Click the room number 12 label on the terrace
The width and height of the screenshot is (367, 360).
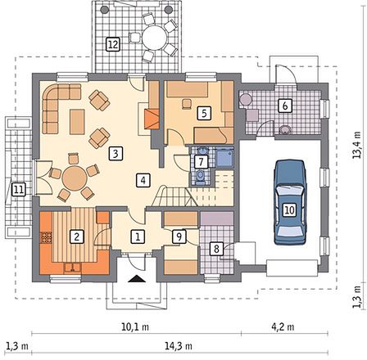pyautogui.click(x=113, y=44)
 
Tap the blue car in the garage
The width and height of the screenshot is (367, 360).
pyautogui.click(x=290, y=202)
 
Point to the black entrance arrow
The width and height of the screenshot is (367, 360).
pyautogui.click(x=136, y=278)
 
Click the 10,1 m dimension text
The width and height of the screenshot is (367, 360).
pyautogui.click(x=135, y=326)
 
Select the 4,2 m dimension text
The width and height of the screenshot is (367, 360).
pyautogui.click(x=283, y=326)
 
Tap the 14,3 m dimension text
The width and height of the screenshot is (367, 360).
pyautogui.click(x=179, y=346)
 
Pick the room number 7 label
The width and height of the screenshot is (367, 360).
pyautogui.click(x=201, y=162)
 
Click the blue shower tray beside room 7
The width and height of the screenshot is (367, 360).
pyautogui.click(x=224, y=158)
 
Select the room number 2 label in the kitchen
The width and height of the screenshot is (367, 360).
pyautogui.click(x=76, y=236)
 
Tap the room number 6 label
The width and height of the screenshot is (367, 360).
pyautogui.click(x=285, y=106)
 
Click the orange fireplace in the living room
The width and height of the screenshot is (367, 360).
pyautogui.click(x=152, y=119)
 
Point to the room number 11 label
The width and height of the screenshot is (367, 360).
pyautogui.click(x=19, y=189)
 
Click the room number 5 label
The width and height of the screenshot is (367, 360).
pyautogui.click(x=204, y=113)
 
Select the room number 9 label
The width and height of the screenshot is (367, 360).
pyautogui.click(x=179, y=236)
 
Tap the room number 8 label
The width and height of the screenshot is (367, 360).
pyautogui.click(x=216, y=249)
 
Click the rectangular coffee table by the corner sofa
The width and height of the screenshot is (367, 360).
pyautogui.click(x=77, y=122)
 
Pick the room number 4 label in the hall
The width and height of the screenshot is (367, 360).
pyautogui.click(x=143, y=180)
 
